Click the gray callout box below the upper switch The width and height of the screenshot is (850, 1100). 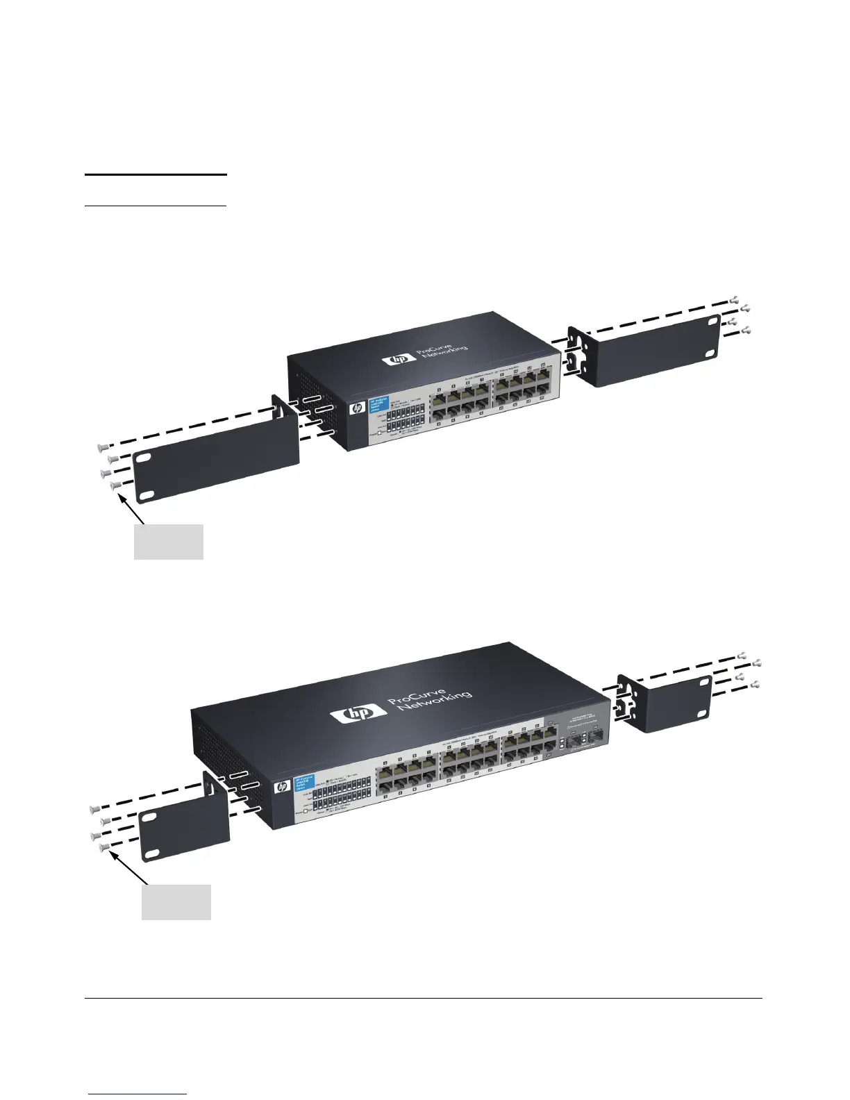[168, 542]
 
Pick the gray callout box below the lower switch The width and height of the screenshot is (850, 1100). [176, 901]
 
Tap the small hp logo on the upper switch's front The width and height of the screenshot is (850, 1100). [357, 409]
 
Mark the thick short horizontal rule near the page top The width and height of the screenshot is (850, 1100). [156, 175]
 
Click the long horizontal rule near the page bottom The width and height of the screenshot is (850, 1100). [424, 999]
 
